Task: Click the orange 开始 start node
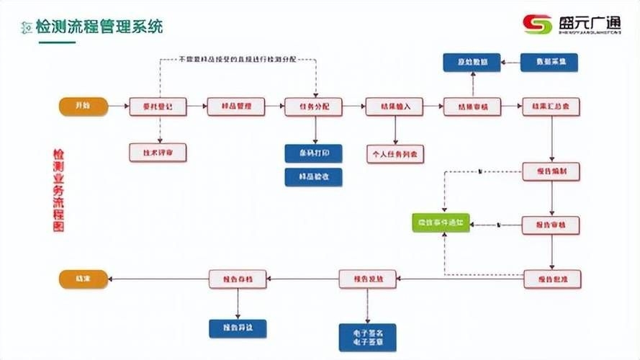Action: point(83,107)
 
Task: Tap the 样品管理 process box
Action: point(236,107)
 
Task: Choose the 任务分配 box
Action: point(314,107)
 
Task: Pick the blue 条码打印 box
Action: point(313,153)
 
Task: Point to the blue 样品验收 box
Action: point(313,176)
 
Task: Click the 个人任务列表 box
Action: point(395,153)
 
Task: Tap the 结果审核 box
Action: point(472,107)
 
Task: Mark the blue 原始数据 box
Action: point(471,63)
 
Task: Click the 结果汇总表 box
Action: point(551,107)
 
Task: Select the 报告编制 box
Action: point(551,172)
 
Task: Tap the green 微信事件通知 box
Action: point(441,224)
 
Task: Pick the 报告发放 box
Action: point(368,278)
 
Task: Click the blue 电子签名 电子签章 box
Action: point(367,337)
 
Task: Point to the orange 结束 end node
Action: point(83,278)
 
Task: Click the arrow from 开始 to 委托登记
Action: point(118,107)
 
